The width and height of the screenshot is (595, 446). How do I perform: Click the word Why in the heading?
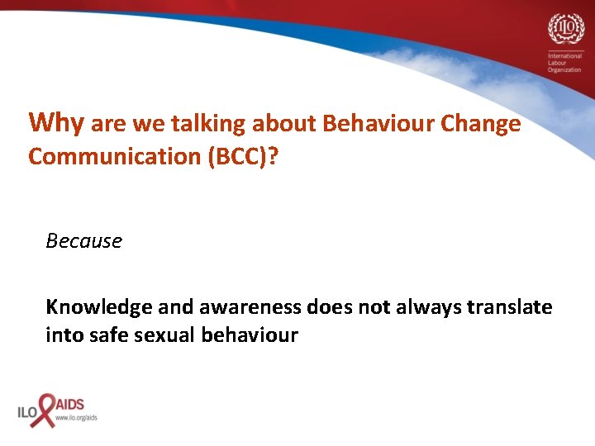pos(56,123)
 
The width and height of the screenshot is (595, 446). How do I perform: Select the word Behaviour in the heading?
pos(380,125)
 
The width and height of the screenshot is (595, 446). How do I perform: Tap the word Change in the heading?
pos(482,125)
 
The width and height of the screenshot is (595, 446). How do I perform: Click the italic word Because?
pos(83,241)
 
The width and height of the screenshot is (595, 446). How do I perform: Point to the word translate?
pos(510,307)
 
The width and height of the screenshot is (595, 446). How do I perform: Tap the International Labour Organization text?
pos(564,62)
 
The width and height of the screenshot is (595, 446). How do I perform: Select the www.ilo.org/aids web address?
pos(76,418)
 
